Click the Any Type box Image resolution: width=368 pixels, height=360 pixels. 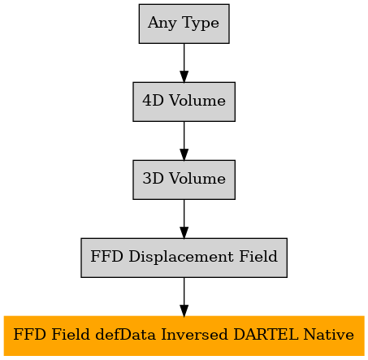pos(184,24)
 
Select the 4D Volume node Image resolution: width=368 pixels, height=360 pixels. pos(184,102)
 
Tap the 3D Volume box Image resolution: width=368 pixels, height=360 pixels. pos(184,180)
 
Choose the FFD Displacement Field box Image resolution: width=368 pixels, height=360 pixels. pos(184,258)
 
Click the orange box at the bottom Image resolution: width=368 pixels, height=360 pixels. pos(184,336)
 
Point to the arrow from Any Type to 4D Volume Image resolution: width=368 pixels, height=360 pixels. pos(184,63)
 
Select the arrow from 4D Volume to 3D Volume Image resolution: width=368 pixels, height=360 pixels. pos(184,141)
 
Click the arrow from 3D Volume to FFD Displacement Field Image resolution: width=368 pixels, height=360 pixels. pos(184,219)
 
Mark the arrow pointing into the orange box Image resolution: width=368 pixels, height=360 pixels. pos(184,297)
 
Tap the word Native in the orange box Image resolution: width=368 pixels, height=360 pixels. pos(328,335)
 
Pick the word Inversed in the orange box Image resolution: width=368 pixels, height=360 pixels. pos(194,335)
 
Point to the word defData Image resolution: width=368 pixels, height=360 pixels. pos(126,335)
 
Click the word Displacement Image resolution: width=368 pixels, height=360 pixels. pos(181,257)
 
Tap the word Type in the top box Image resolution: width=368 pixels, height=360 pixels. pos(201,24)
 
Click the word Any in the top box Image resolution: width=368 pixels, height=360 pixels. pos(162,24)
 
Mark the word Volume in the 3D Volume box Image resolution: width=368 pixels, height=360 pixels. pos(197,179)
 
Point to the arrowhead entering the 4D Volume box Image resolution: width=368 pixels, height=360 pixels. pos(184,76)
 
